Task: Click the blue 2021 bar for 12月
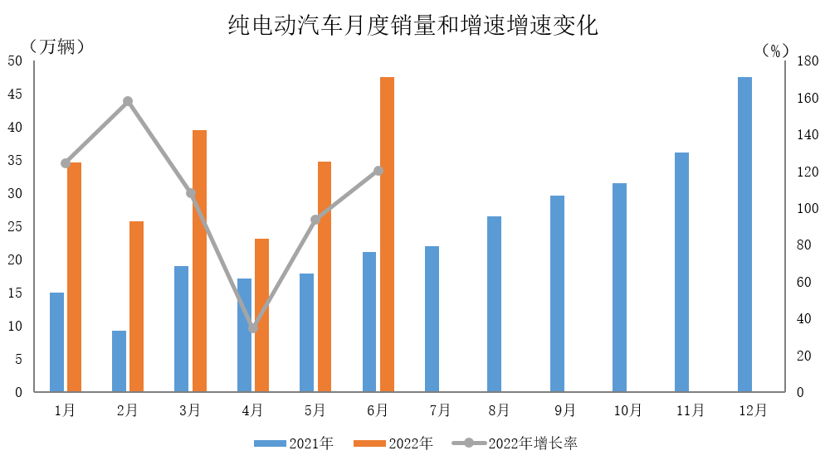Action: [744, 234]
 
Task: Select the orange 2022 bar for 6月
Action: [387, 234]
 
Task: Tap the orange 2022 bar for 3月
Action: [199, 260]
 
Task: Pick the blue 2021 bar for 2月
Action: [120, 361]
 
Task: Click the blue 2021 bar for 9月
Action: [557, 293]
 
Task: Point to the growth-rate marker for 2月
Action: [128, 102]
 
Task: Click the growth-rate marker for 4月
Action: [253, 328]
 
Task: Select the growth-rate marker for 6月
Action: [378, 171]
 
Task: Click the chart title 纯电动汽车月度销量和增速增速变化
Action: [412, 26]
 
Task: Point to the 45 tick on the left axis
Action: [15, 94]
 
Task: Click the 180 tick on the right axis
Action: [808, 61]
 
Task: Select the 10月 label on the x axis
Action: [627, 410]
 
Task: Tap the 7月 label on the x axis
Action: [440, 410]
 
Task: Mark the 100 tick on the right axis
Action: [808, 209]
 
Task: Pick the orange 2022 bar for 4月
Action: [261, 315]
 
